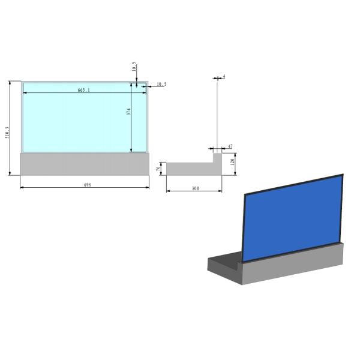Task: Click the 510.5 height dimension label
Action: [8, 133]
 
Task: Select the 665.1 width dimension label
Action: [84, 90]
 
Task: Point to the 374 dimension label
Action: [128, 112]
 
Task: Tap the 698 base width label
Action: [87, 185]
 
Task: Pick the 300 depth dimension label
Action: [195, 188]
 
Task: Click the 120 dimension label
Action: [232, 162]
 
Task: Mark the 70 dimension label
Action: [158, 169]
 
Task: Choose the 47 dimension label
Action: [230, 146]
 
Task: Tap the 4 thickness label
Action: [224, 76]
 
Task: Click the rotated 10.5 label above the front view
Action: [134, 67]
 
